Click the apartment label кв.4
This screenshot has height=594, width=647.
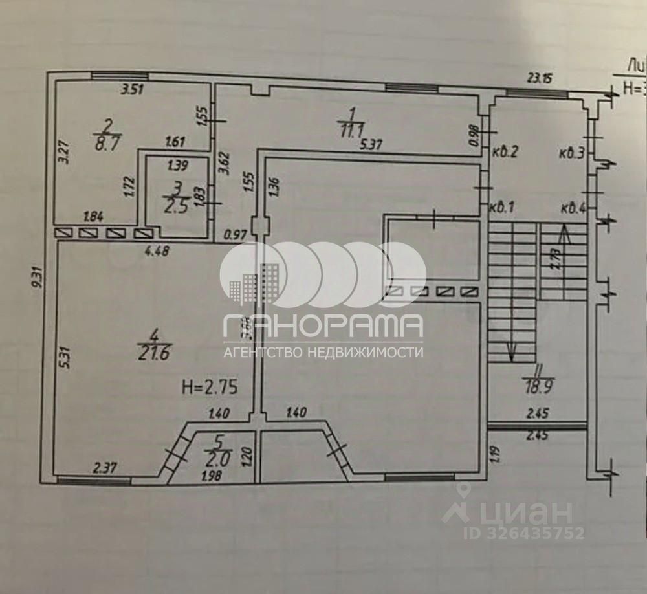(x=573, y=208)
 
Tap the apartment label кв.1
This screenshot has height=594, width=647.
(x=501, y=208)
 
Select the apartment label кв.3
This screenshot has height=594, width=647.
(x=573, y=153)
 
